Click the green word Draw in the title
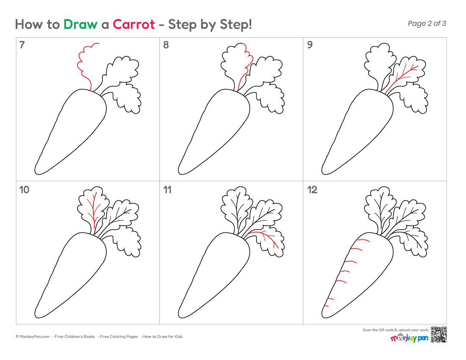[80, 25]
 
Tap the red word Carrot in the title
[134, 25]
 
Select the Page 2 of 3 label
[427, 23]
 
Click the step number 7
[22, 45]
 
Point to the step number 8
[166, 45]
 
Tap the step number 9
[310, 45]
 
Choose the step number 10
[24, 190]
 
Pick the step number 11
[167, 190]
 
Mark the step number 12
[312, 190]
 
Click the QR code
[438, 335]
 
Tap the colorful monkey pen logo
[409, 338]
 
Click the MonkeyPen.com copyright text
[33, 337]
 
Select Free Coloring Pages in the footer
[119, 337]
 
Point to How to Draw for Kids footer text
[163, 337]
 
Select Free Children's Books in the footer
[75, 337]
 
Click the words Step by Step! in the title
[210, 25]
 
